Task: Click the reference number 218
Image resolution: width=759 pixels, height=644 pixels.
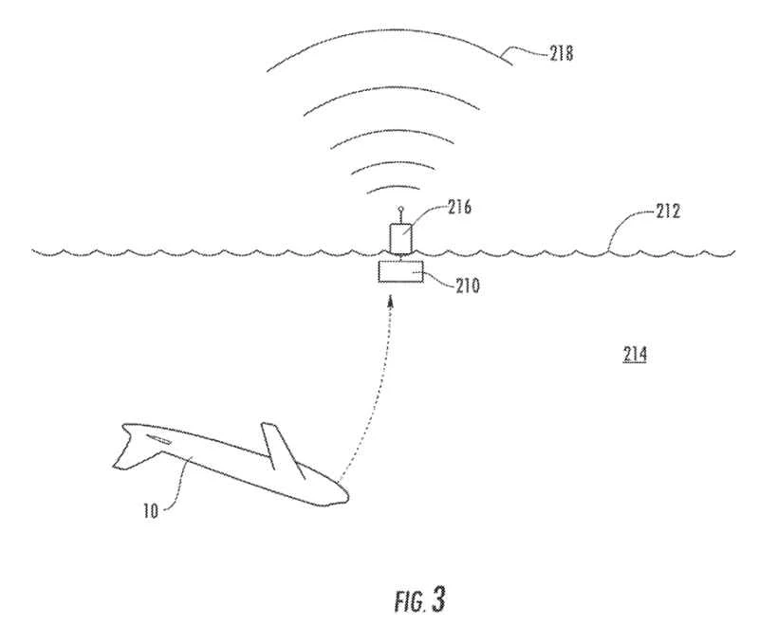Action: (x=560, y=54)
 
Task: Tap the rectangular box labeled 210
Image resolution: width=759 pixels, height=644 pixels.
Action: (x=400, y=273)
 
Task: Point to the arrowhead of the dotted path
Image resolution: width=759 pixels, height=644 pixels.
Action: (x=388, y=303)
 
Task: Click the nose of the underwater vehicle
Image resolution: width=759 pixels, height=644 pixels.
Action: (x=346, y=494)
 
